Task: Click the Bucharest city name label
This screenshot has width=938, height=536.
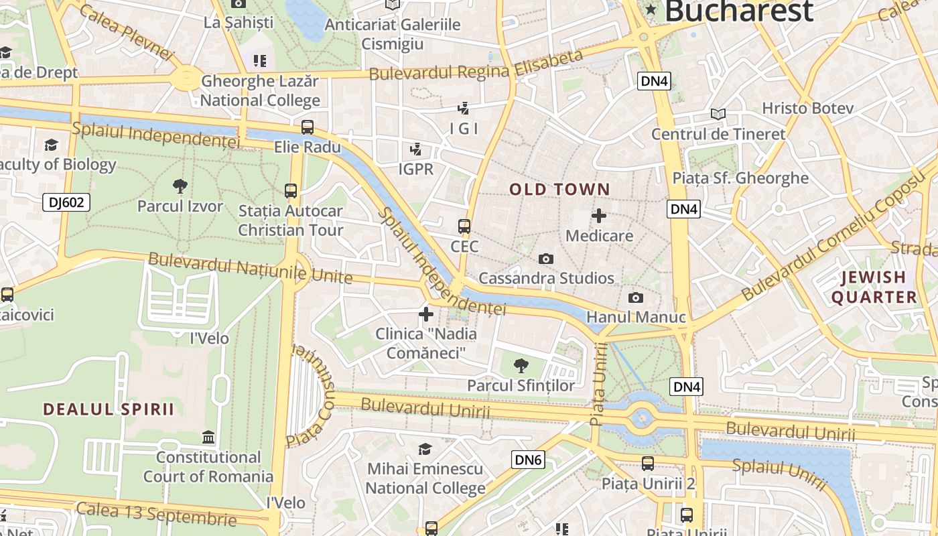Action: point(738,11)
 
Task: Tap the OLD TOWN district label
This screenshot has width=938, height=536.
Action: point(559,190)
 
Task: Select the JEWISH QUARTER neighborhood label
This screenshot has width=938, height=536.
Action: point(874,287)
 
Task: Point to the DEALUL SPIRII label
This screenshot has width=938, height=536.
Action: point(109,409)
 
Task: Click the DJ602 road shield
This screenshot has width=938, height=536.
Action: point(66,202)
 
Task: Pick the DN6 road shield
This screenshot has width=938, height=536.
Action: point(528,460)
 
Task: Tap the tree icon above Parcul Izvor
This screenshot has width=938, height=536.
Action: point(180,186)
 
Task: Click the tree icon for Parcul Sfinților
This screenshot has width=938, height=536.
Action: point(521,365)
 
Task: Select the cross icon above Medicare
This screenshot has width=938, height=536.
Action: point(598,216)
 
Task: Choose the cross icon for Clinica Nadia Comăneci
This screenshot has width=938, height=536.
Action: point(425,314)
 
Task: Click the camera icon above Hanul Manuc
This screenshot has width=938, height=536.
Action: point(635,297)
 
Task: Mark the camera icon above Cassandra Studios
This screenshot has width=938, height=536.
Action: point(546,259)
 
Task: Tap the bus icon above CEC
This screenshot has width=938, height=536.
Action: point(464,226)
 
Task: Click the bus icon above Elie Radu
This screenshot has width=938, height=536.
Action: point(307,127)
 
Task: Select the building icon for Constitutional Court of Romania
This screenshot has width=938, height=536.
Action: point(208,438)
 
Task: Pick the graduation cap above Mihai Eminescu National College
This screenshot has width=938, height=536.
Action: point(425,449)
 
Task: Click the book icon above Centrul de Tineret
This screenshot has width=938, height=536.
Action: point(718,115)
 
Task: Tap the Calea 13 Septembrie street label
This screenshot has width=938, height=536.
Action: point(156,513)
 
